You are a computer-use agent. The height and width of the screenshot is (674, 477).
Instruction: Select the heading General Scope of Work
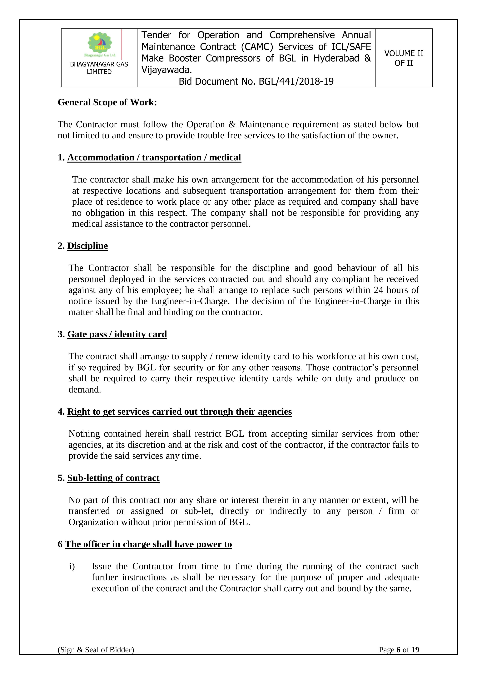pos(107,102)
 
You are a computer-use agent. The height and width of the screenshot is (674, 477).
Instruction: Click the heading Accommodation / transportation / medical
pos(154,157)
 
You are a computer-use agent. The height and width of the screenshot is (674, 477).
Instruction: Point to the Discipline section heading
pos(87,246)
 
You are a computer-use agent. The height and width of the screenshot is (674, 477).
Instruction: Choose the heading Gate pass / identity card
pos(117,334)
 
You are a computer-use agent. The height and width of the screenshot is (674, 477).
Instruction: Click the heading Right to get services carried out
pos(179,412)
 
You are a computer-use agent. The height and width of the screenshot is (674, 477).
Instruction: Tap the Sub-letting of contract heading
pos(113,478)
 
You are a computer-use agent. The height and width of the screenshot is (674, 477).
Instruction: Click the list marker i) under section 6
pos(72,566)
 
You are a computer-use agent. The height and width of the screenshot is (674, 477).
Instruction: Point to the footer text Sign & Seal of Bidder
pos(96,658)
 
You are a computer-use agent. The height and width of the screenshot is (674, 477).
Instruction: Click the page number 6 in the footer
pos(398,658)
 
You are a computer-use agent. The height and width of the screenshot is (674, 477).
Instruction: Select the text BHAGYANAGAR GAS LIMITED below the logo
pos(99,68)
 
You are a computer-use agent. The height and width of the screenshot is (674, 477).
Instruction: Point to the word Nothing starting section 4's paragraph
pos(84,434)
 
